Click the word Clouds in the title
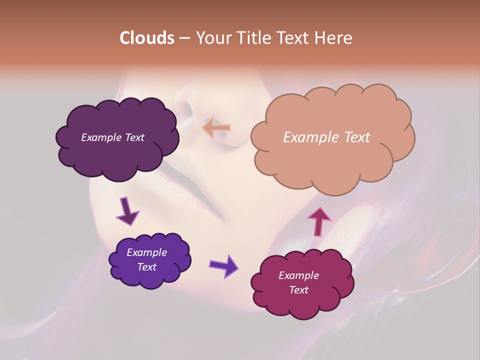pos(147,38)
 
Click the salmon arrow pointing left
pos(216,127)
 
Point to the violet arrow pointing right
pos(224,265)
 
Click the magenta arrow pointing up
pos(319,221)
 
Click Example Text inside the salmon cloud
pos(326,137)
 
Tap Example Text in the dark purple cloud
pos(112,137)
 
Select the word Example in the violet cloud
pos(146,252)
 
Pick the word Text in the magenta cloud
pos(298,290)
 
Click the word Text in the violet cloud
pos(146,267)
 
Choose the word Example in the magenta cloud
pos(298,275)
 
